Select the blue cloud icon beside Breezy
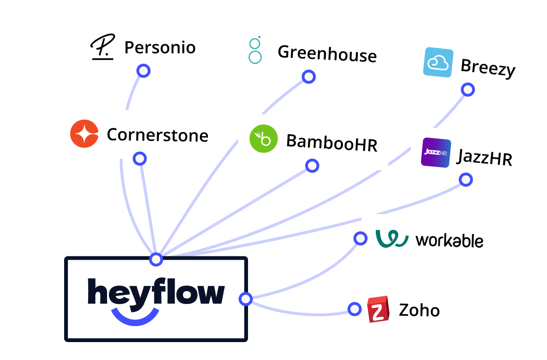[x=438, y=62]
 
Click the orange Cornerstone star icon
[x=84, y=134]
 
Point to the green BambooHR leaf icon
[x=263, y=139]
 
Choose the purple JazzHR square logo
[x=436, y=153]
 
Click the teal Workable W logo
[x=392, y=238]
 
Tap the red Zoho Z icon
[x=378, y=310]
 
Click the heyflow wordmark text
[x=156, y=292]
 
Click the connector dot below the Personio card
[x=143, y=71]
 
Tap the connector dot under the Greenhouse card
[x=308, y=76]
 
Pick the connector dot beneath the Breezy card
[x=467, y=90]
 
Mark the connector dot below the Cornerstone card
[x=140, y=158]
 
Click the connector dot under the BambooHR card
[x=312, y=165]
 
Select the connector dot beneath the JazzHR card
[x=465, y=179]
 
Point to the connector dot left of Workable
[x=360, y=238]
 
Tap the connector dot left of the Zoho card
[x=354, y=309]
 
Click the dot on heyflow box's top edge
[x=156, y=259]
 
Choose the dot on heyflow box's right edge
[x=245, y=299]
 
